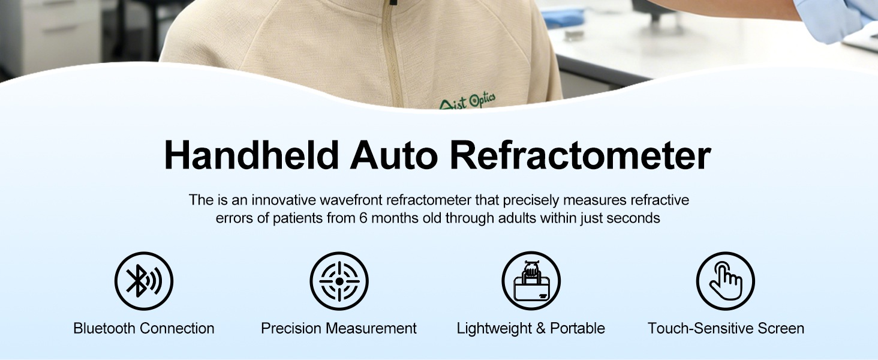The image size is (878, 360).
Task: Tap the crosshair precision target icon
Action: pyautogui.click(x=339, y=281)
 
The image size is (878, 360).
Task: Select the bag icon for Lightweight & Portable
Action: pyautogui.click(x=531, y=281)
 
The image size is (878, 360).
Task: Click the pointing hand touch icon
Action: pyautogui.click(x=726, y=281)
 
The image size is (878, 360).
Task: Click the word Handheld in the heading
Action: pyautogui.click(x=252, y=155)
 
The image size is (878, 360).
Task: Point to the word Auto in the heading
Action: pyautogui.click(x=393, y=155)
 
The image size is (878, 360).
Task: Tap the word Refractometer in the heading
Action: pyautogui.click(x=581, y=155)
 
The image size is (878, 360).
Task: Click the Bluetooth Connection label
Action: pyautogui.click(x=144, y=328)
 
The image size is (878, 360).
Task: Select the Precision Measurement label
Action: pyautogui.click(x=339, y=328)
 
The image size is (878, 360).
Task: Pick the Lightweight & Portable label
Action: pyautogui.click(x=531, y=328)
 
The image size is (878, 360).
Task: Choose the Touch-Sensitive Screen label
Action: pyautogui.click(x=726, y=328)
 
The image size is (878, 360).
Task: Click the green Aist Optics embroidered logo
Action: pyautogui.click(x=467, y=101)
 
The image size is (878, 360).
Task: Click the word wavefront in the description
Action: pyautogui.click(x=351, y=200)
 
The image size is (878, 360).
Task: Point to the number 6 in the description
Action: pyautogui.click(x=363, y=218)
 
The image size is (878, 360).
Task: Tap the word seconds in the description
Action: pyautogui.click(x=633, y=218)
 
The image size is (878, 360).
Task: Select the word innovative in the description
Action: pyautogui.click(x=284, y=200)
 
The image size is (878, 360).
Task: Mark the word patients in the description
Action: pyautogui.click(x=297, y=218)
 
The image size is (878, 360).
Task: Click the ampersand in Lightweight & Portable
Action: pyautogui.click(x=540, y=328)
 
